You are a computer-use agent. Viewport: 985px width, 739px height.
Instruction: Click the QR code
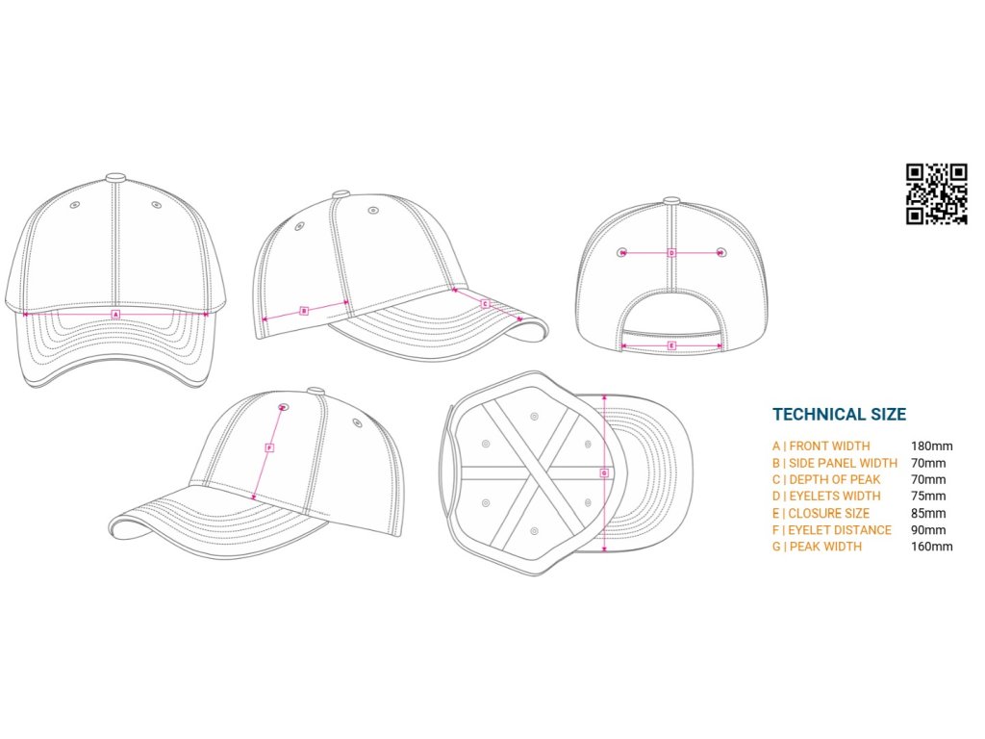[936, 193]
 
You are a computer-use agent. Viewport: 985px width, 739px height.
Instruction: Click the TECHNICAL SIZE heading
[839, 415]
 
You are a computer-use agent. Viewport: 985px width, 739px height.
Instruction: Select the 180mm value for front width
[931, 446]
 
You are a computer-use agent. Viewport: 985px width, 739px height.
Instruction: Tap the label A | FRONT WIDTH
[821, 446]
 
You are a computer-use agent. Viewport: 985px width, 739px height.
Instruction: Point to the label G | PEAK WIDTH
[817, 547]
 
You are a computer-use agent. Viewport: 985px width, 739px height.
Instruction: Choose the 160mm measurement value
[931, 547]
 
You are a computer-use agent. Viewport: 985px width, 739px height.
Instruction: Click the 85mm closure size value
[928, 513]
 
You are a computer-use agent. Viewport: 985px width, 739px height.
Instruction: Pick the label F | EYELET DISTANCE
[831, 530]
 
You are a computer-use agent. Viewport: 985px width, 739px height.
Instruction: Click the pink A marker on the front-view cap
[115, 315]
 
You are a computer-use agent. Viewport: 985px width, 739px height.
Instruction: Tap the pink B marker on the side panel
[304, 310]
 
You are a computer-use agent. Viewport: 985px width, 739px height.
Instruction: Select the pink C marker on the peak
[486, 303]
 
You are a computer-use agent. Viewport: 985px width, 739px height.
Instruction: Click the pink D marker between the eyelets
[672, 253]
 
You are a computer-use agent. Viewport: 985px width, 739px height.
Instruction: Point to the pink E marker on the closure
[671, 344]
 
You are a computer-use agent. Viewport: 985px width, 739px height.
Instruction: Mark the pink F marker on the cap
[269, 447]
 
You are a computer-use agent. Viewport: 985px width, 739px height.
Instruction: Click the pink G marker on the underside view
[604, 472]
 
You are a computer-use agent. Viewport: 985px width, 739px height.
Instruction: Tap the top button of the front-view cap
[115, 178]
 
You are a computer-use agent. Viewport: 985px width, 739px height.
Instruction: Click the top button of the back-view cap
[671, 201]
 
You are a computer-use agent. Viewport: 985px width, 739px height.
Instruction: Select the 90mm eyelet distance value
[928, 530]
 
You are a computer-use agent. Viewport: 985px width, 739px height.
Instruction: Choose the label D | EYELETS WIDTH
[825, 497]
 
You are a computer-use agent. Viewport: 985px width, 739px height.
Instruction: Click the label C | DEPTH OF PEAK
[825, 479]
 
